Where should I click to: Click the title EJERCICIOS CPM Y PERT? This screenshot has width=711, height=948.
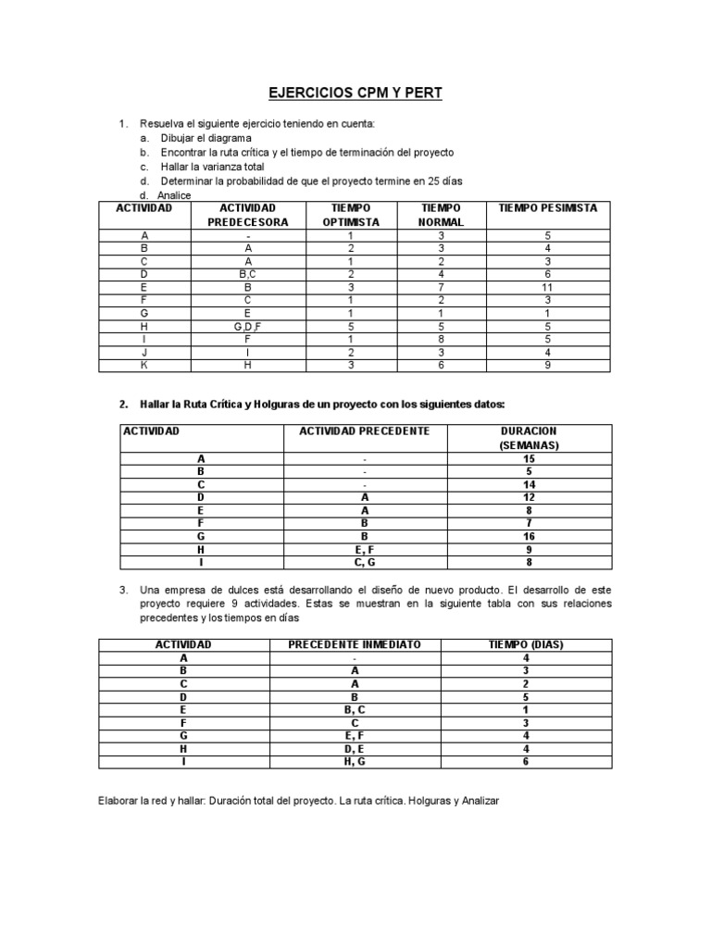(x=355, y=94)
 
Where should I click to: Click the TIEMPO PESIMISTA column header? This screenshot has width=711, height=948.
(x=548, y=207)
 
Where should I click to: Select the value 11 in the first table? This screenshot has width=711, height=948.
(x=548, y=287)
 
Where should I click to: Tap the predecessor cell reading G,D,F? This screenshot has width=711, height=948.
(x=248, y=326)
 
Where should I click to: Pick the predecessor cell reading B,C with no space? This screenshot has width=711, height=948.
(x=248, y=274)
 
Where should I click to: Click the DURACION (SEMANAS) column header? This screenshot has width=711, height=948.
(x=529, y=438)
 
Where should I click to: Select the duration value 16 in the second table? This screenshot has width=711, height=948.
(x=529, y=535)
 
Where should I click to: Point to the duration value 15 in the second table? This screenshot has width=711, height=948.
(x=529, y=458)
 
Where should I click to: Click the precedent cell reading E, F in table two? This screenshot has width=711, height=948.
(x=365, y=548)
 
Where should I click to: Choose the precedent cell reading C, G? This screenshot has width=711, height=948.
(x=365, y=561)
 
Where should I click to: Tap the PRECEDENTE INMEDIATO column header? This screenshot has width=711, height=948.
(x=355, y=644)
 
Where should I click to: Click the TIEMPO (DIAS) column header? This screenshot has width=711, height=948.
(x=526, y=644)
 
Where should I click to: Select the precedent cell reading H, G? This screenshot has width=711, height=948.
(x=355, y=761)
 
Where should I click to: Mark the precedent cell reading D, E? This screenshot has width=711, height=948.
(x=355, y=748)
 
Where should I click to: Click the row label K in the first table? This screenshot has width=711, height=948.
(x=144, y=365)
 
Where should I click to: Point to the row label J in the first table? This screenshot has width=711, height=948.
(x=144, y=352)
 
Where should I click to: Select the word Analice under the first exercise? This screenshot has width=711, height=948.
(x=175, y=195)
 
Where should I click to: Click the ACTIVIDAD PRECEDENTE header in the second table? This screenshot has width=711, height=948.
(x=364, y=431)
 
